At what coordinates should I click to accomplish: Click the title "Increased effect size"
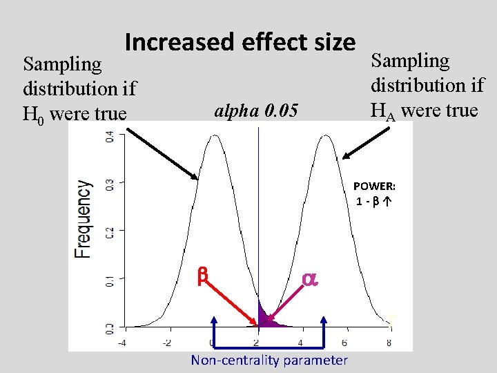coord(240,42)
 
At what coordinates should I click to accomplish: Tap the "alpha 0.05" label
coord(256,111)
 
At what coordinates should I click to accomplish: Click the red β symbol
coord(202,276)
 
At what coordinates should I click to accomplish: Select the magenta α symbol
coord(310,280)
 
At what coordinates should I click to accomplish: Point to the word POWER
coord(374,186)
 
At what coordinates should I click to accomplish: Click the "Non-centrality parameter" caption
coord(269,361)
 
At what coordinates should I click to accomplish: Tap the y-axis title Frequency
coord(83,219)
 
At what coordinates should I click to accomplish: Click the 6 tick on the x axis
coord(344,343)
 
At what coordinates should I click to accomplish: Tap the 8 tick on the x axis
coord(389,343)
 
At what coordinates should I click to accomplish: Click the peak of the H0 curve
coord(215,135)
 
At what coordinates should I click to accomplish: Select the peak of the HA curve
coord(326,135)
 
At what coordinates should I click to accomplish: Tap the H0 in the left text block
coord(33,115)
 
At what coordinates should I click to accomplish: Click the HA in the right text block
coord(383,113)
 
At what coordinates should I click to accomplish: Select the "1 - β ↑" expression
coord(373,202)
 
